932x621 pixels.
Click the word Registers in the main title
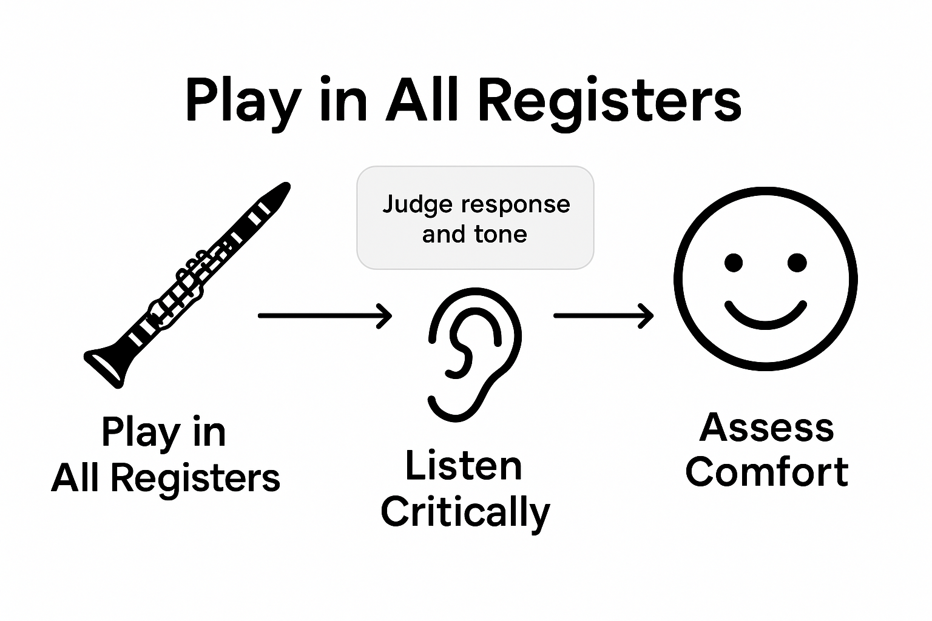609,100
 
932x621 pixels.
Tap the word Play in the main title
243,100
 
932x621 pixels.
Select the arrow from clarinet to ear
325,315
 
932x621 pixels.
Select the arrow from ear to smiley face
603,315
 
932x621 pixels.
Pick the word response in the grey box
505,204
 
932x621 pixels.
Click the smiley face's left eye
734,263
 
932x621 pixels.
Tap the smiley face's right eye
797,263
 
